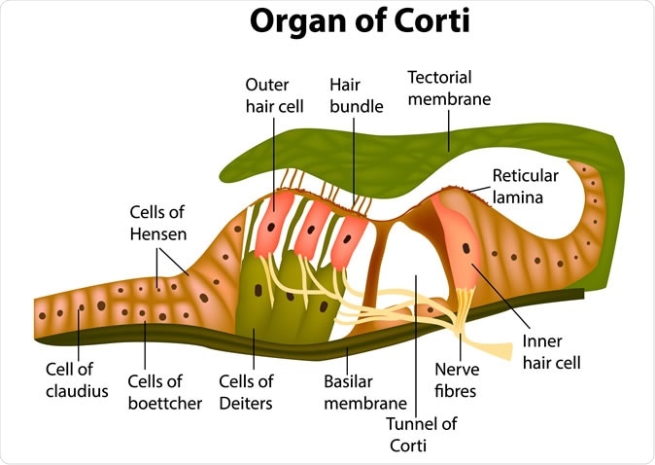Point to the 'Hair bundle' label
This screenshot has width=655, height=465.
pyautogui.click(x=352, y=95)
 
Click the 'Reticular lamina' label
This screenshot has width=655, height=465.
pyautogui.click(x=525, y=186)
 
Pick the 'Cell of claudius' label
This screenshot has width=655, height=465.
pyautogui.click(x=76, y=379)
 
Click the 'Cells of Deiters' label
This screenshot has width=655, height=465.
pyautogui.click(x=246, y=392)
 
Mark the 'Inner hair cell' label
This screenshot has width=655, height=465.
pyautogui.click(x=549, y=352)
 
